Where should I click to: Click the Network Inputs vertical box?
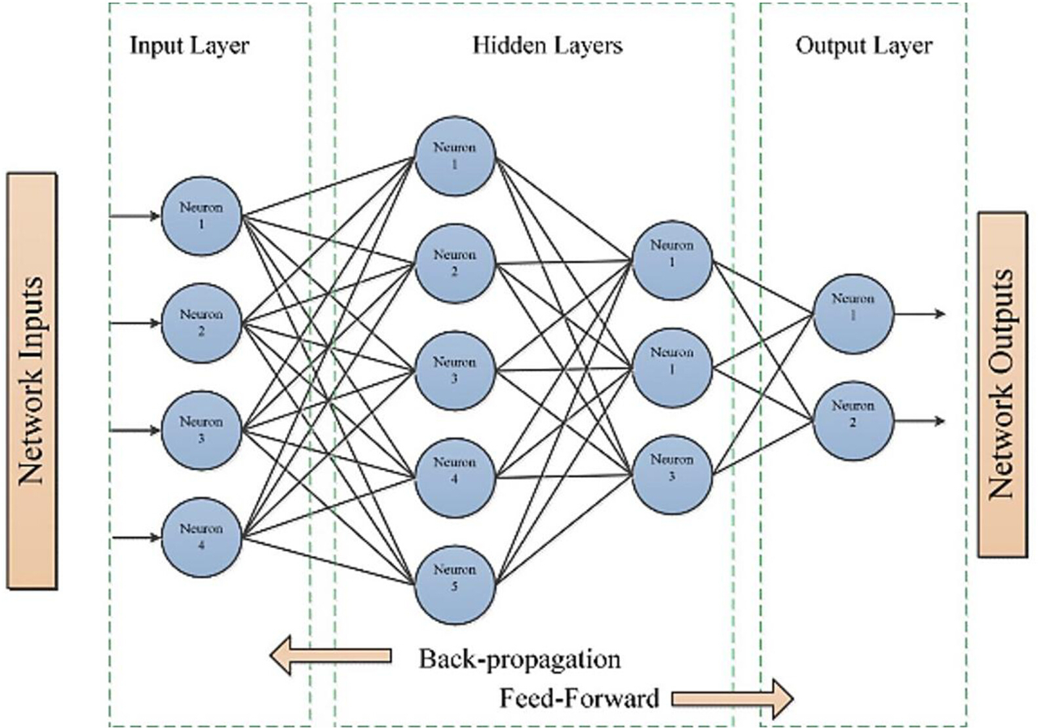coord(32,381)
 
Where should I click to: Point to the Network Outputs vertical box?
coord(1003,384)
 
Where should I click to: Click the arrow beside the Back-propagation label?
coord(331,655)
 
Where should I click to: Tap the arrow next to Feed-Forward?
coord(733,699)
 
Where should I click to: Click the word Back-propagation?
coord(520,659)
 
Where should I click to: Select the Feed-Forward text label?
coord(579,698)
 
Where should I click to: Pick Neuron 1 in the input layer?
coord(202,215)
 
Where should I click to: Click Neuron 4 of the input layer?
coord(202,537)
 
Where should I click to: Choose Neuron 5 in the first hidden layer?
coord(455,585)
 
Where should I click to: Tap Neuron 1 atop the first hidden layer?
coord(455,156)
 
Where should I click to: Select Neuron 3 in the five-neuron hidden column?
coord(455,371)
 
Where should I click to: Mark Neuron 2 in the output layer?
coord(853,421)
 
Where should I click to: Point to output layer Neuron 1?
coord(853,314)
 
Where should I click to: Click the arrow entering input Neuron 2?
coord(135,323)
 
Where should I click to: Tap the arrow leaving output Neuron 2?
coord(919,421)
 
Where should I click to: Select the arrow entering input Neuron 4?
coord(137,537)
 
